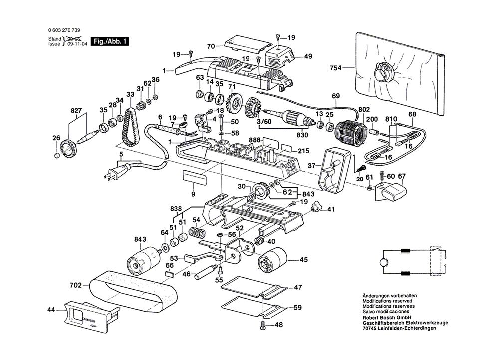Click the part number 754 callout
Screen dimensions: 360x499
coord(336,68)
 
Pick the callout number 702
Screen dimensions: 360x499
coord(76,286)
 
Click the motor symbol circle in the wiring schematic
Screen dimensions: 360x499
coord(383,262)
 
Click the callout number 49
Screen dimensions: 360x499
coord(308,56)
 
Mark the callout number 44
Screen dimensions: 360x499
coord(52,310)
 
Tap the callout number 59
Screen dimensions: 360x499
coord(297,308)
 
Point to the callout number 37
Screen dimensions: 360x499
coord(311,165)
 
